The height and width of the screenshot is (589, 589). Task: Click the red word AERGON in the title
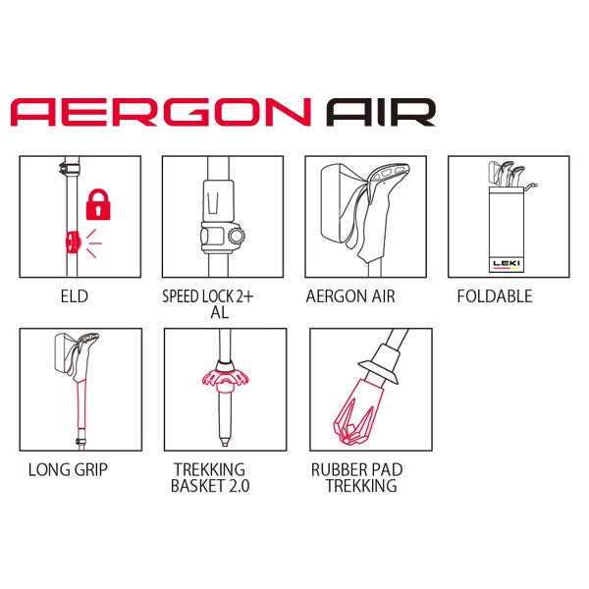(x=161, y=112)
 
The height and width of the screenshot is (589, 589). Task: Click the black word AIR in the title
(x=381, y=112)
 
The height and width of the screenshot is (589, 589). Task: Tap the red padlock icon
(x=98, y=204)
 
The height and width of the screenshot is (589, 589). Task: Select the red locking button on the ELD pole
(x=73, y=242)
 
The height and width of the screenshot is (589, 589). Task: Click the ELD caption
(x=75, y=296)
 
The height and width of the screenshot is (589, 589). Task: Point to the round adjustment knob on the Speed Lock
(x=237, y=236)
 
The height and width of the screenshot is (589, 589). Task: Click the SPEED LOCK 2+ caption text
(x=208, y=296)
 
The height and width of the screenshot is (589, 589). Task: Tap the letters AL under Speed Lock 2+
(x=219, y=312)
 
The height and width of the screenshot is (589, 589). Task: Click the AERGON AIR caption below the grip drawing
(x=350, y=296)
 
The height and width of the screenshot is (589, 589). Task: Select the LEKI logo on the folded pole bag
(x=507, y=264)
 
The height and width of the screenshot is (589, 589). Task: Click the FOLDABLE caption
(x=495, y=296)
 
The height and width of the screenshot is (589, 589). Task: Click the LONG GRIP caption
(x=68, y=469)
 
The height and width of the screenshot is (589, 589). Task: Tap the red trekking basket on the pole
(x=225, y=379)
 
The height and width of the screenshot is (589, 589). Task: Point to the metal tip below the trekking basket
(x=225, y=442)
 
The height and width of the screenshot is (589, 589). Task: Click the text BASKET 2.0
(x=210, y=486)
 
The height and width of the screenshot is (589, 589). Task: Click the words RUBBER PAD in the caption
(x=357, y=470)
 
